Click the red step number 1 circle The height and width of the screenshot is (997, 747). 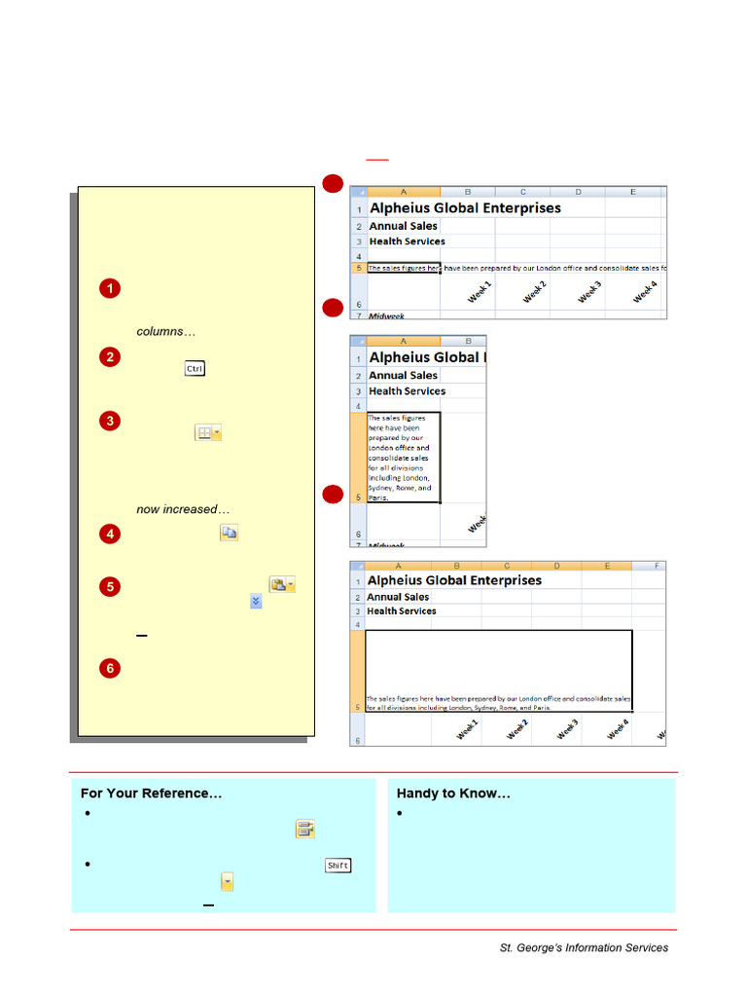(x=110, y=288)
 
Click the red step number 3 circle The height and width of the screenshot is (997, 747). (x=110, y=421)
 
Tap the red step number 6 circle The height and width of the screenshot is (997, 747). (x=110, y=668)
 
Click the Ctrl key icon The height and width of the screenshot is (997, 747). (x=195, y=369)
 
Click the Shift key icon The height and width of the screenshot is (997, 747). (x=338, y=866)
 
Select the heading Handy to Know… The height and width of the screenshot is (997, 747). (x=453, y=794)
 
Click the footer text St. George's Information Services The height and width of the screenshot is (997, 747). (x=584, y=947)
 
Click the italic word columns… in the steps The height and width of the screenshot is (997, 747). (x=165, y=332)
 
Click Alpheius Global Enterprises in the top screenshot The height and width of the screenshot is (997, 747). (x=465, y=208)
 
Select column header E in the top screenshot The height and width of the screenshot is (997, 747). (x=632, y=192)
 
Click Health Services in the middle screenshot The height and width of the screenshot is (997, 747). (x=407, y=391)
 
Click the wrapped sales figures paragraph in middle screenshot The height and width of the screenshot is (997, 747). (x=403, y=457)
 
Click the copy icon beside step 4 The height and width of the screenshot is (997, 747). (x=229, y=533)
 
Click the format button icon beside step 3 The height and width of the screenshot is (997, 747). (x=208, y=432)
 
